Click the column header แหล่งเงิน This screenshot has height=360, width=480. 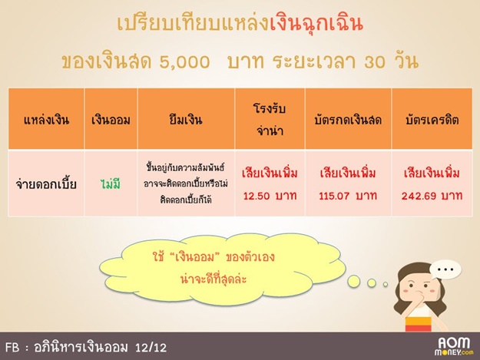[46, 120]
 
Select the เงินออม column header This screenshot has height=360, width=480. [111, 120]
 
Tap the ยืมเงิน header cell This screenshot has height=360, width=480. [186, 119]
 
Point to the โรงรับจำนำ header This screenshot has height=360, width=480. [270, 120]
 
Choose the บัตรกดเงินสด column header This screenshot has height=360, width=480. [348, 120]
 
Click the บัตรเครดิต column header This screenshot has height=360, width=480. [432, 120]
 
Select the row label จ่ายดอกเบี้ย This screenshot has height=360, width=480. [46, 184]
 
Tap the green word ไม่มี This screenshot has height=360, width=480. [111, 183]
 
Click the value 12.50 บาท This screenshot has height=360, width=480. [270, 196]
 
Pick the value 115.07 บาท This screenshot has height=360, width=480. [348, 196]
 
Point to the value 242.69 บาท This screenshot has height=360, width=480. [432, 196]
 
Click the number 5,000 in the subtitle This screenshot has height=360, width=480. [184, 62]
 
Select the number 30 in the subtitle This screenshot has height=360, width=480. [377, 62]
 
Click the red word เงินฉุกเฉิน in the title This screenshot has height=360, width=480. [316, 23]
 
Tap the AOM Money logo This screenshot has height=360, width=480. [454, 346]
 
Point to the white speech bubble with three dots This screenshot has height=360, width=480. [445, 270]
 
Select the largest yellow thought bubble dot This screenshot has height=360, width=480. [353, 282]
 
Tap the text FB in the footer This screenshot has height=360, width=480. [12, 348]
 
